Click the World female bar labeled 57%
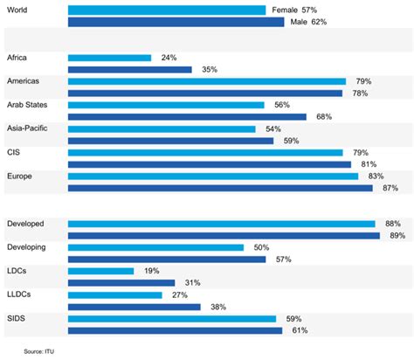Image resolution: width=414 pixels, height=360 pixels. point(167,10)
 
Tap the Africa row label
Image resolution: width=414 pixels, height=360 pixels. point(17,58)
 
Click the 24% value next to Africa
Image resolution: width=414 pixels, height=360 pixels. point(169,58)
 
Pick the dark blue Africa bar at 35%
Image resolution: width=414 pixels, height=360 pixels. point(129,69)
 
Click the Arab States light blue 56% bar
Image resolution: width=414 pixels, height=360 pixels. point(166,104)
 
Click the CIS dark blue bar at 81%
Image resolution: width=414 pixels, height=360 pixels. point(209,163)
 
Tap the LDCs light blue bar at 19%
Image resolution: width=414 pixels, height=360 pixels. point(100,271)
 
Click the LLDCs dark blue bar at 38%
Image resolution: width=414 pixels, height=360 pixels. point(134,307)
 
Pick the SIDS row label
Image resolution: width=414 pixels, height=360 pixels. point(16,319)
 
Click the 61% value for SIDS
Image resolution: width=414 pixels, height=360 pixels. point(300,330)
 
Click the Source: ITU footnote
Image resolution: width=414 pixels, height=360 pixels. point(45,351)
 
